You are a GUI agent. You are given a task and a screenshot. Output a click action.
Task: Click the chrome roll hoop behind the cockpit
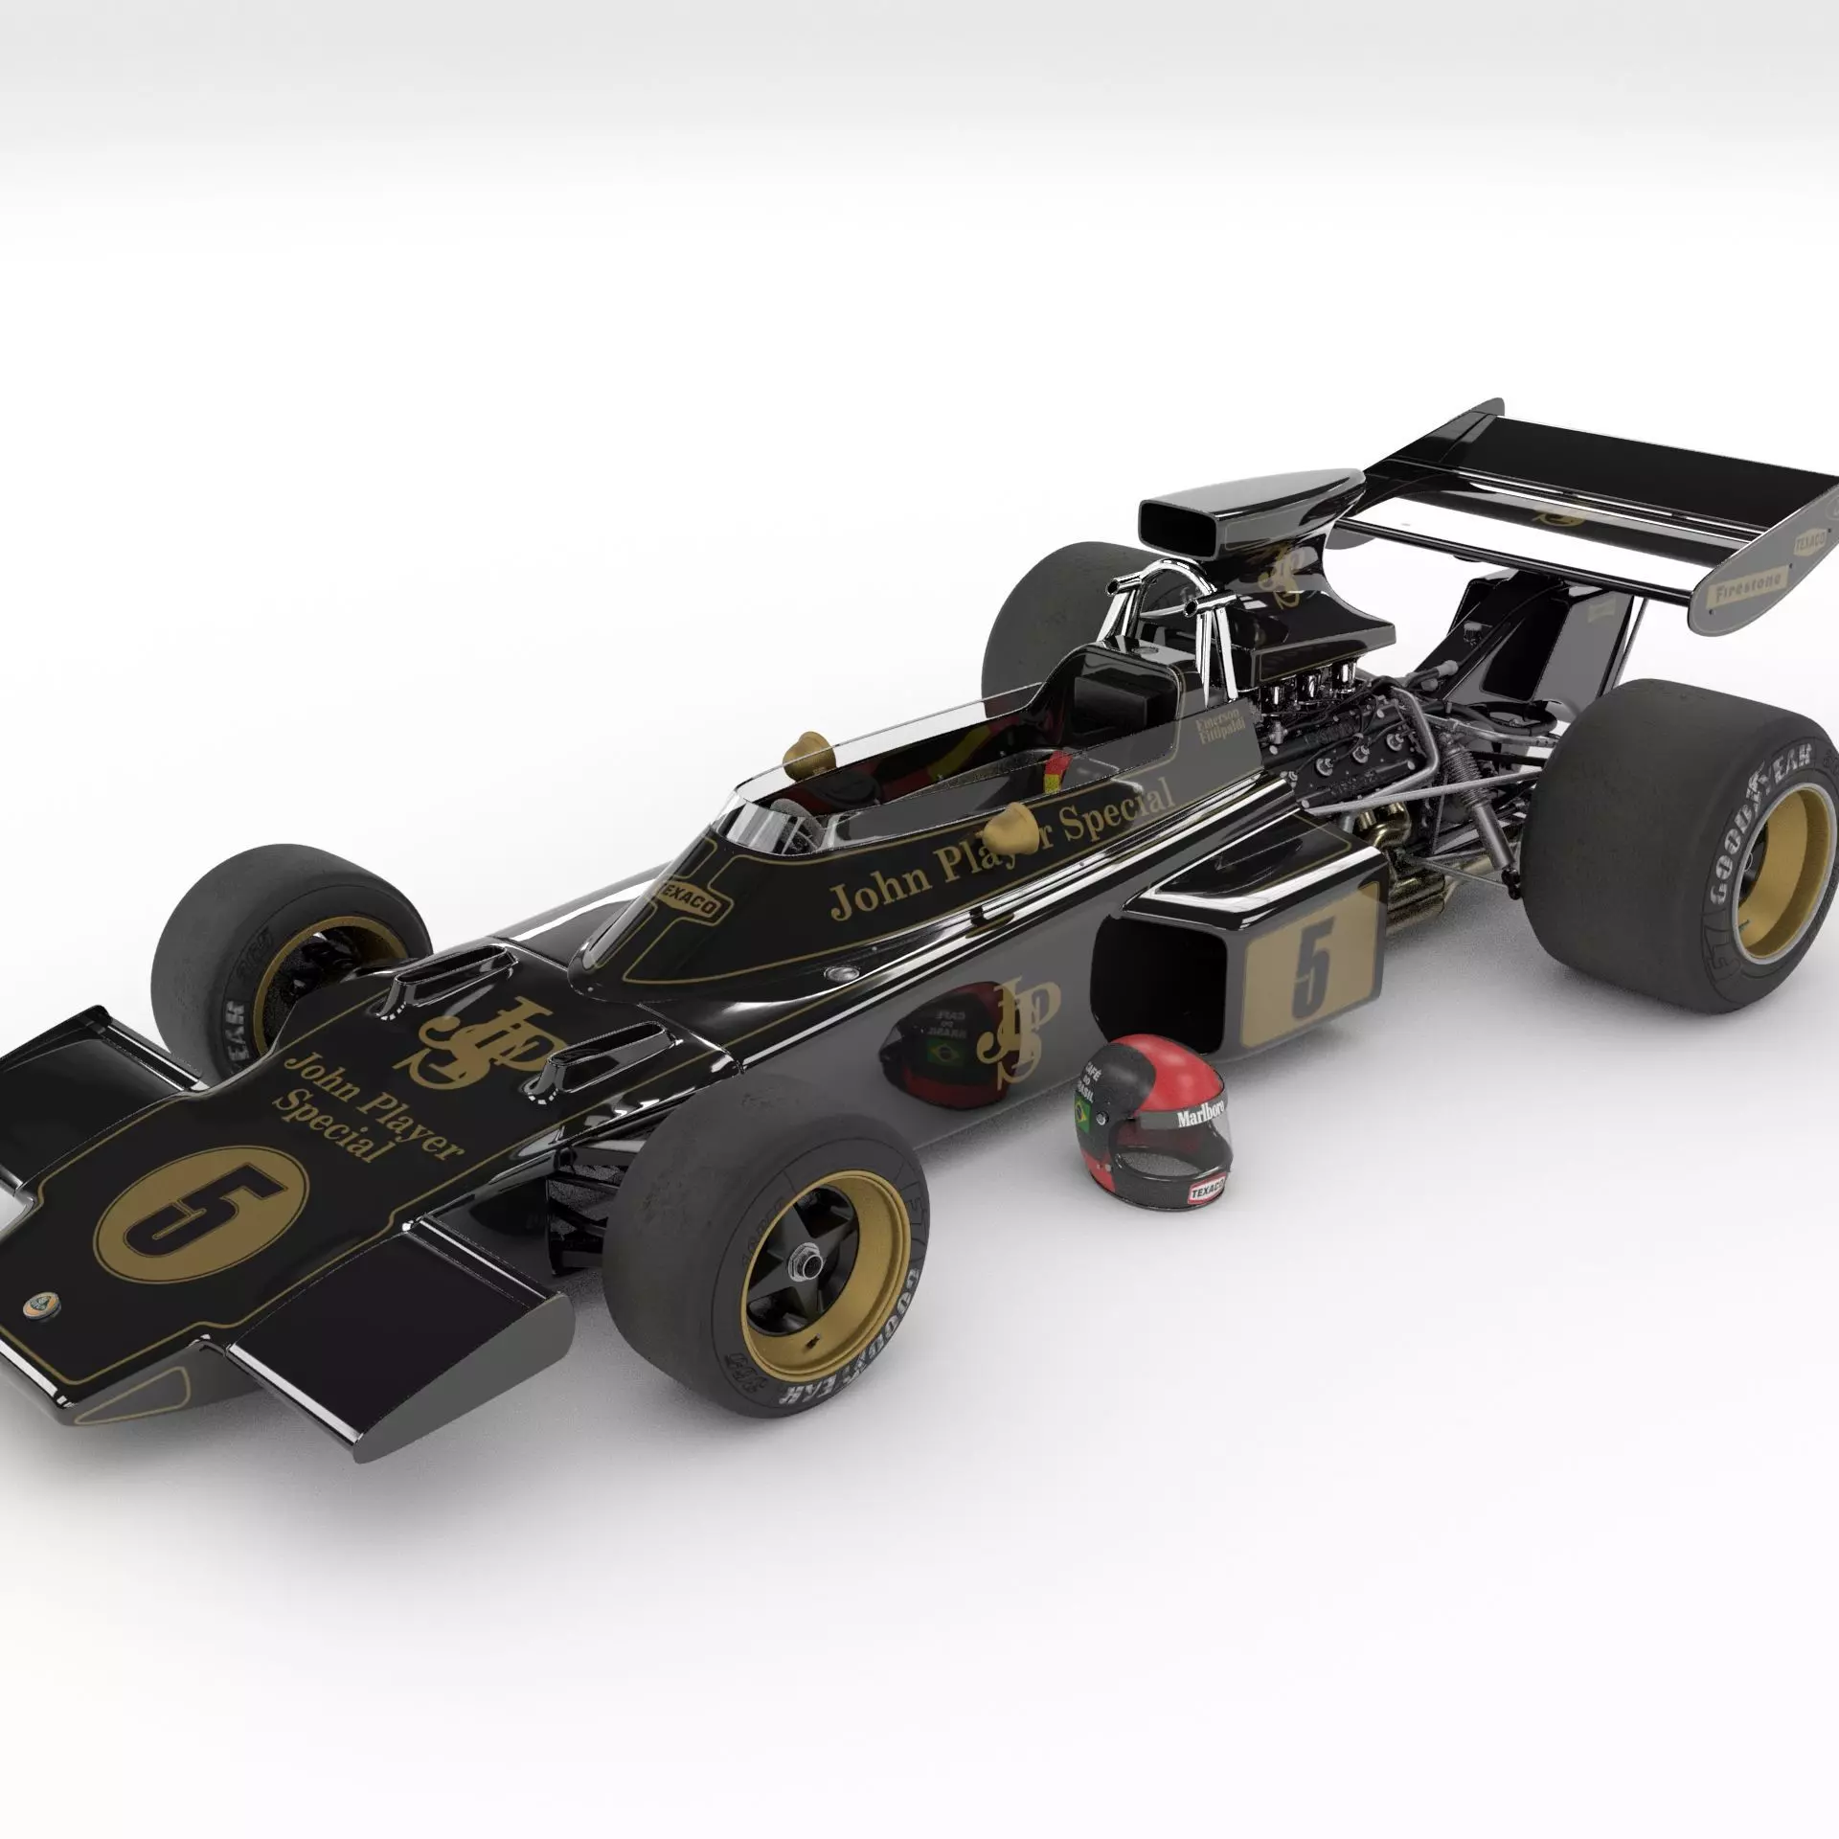tap(1159, 584)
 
